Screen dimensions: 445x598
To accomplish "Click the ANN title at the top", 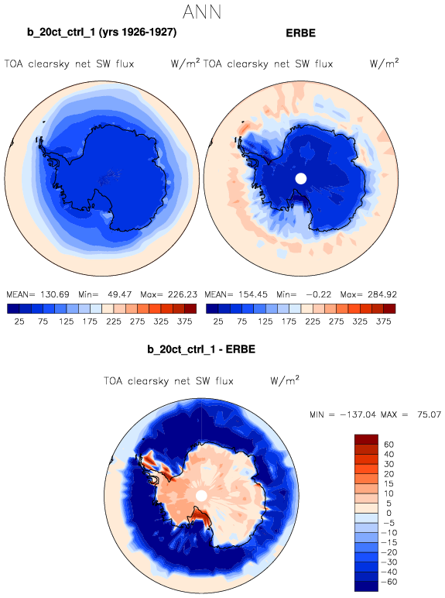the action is click(202, 12).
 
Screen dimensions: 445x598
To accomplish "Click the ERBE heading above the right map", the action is click(300, 33).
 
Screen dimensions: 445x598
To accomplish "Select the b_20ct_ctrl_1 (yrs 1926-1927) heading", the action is click(101, 33).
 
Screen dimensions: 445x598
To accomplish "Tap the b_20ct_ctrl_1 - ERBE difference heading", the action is click(201, 349).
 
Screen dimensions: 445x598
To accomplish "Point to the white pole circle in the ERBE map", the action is click(301, 178).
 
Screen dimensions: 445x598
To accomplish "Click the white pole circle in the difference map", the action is click(201, 496).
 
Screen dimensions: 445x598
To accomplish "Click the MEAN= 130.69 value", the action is click(38, 294).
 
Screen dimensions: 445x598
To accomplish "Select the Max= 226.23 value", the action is click(169, 294).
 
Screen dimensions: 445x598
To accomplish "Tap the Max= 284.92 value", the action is click(368, 294).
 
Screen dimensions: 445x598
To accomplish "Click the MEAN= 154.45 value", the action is click(236, 294).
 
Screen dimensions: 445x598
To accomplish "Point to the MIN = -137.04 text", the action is click(344, 414).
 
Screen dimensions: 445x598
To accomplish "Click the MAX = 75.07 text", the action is click(411, 414).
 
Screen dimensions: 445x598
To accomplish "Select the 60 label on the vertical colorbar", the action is click(389, 445).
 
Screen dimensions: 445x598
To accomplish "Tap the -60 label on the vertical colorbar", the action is click(389, 582).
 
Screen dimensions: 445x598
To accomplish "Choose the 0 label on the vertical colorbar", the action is click(389, 514).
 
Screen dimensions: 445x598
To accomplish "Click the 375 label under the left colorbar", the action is click(184, 321).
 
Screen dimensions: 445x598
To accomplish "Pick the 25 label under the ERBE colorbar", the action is click(218, 321).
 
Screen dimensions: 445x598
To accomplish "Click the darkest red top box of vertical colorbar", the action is click(366, 439).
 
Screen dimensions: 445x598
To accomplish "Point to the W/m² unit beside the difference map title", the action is click(285, 380).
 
